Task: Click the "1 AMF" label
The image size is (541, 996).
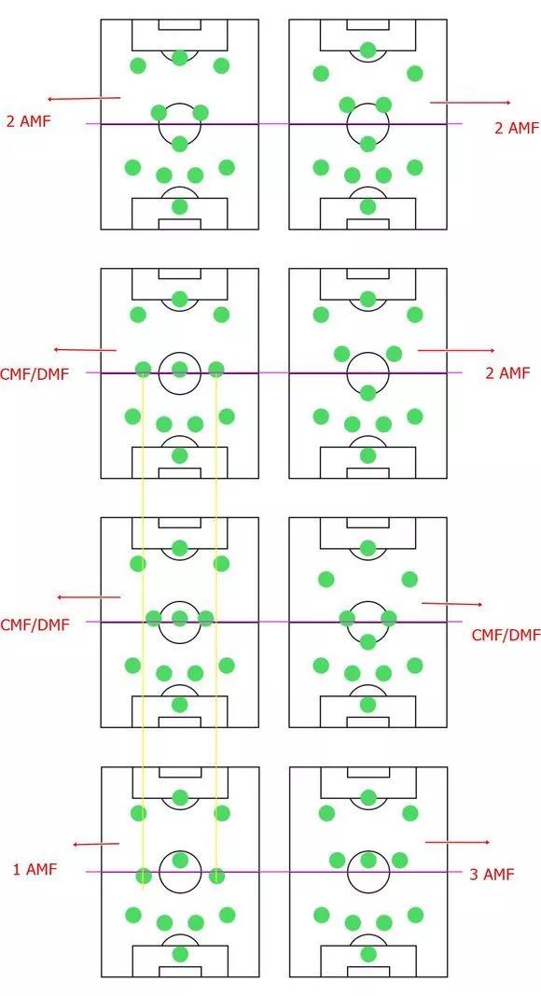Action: pyautogui.click(x=35, y=870)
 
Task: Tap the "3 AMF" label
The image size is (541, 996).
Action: pyautogui.click(x=492, y=874)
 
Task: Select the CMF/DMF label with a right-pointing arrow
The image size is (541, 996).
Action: pyautogui.click(x=506, y=635)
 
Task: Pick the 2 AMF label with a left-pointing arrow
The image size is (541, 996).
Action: pyautogui.click(x=28, y=120)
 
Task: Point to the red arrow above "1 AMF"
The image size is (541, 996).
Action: pyautogui.click(x=96, y=844)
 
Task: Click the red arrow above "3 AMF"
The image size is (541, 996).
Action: pyautogui.click(x=457, y=842)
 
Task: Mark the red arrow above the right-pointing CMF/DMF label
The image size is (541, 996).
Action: pyautogui.click(x=451, y=604)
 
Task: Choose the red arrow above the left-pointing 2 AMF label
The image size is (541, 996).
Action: pyautogui.click(x=84, y=98)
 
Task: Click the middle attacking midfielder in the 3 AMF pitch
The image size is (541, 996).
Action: pyautogui.click(x=368, y=860)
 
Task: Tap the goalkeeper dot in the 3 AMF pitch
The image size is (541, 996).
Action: pyautogui.click(x=368, y=954)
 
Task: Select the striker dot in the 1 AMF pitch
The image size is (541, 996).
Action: pyautogui.click(x=180, y=797)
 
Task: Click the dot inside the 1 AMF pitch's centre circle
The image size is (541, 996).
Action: pyautogui.click(x=180, y=860)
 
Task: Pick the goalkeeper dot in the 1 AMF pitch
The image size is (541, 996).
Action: pyautogui.click(x=180, y=954)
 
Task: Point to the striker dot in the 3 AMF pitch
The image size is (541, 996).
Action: pyautogui.click(x=368, y=797)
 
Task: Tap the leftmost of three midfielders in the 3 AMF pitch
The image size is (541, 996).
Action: pyautogui.click(x=337, y=860)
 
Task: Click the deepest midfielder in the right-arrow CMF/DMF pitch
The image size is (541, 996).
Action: pyautogui.click(x=368, y=641)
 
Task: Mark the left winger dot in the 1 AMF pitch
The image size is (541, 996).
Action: pyautogui.click(x=138, y=813)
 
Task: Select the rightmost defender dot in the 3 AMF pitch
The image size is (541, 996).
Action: pyautogui.click(x=415, y=915)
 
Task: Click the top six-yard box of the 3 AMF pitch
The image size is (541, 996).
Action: pyautogui.click(x=368, y=772)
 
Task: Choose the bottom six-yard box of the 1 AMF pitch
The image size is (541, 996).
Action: pyautogui.click(x=180, y=971)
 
